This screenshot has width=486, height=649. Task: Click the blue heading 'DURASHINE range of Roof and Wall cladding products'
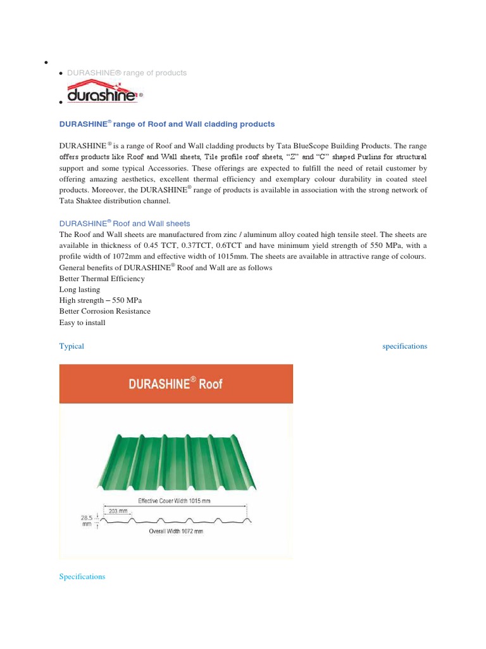coord(167,124)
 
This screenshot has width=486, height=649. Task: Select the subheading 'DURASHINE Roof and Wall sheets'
coord(125,223)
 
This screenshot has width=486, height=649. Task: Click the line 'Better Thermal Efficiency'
coord(102,278)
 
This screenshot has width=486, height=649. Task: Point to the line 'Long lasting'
coord(79,289)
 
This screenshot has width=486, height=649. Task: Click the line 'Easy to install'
coord(82,323)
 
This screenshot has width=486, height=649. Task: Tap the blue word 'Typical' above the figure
coord(72,346)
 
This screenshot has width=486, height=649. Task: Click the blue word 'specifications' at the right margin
coord(404,346)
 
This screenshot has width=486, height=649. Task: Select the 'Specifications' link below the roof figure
coord(82,577)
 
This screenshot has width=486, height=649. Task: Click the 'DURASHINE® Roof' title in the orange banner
coord(176,383)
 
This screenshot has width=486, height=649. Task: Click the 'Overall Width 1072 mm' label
coord(175,531)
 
